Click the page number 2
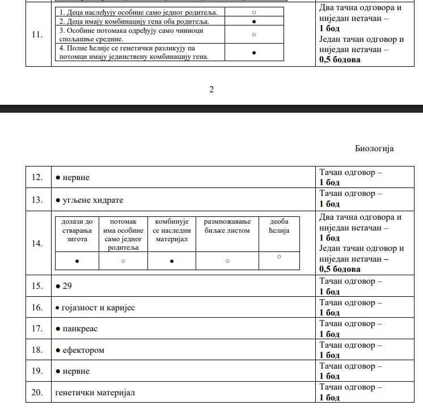[x=212, y=89]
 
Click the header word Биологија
[x=374, y=148]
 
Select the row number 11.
[x=37, y=35]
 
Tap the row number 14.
[x=37, y=243]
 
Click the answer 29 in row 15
[x=67, y=286]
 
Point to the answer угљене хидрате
[x=92, y=200]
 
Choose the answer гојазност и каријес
[x=98, y=308]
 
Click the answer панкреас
[x=80, y=328]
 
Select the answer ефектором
[x=83, y=350]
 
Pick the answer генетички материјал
[x=95, y=392]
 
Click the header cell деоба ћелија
[x=279, y=226]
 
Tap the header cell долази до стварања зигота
[x=77, y=230]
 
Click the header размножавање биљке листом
[x=227, y=226]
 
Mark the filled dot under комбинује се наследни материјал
[x=172, y=261]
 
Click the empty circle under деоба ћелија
[x=279, y=257]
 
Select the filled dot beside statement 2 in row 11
[x=254, y=22]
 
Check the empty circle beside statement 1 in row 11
[x=254, y=12]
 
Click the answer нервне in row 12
[x=76, y=177]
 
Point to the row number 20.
[x=37, y=392]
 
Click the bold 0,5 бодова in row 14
[x=340, y=269]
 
